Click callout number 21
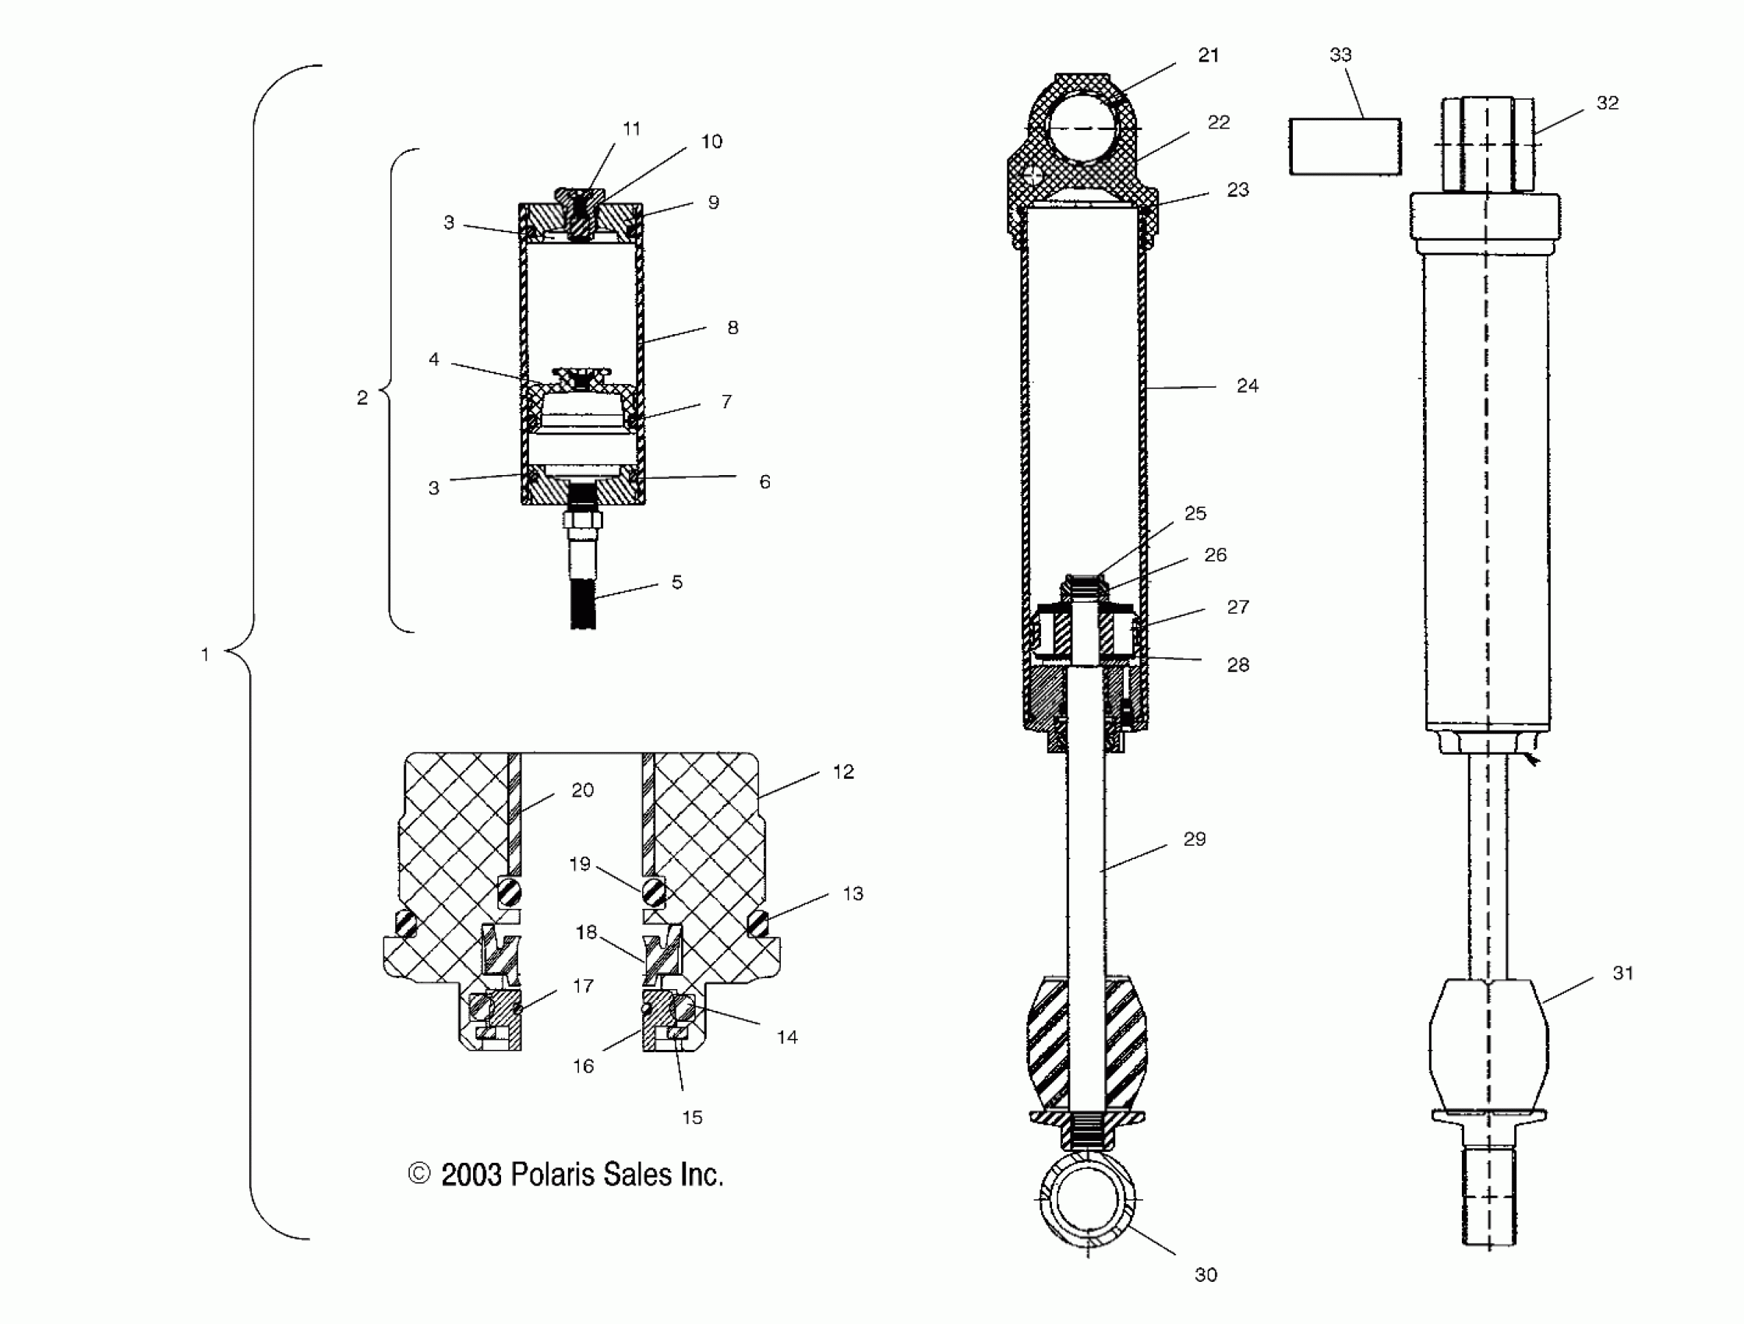[1208, 55]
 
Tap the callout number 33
[1340, 55]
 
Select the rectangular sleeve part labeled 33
[1345, 146]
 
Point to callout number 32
[1607, 104]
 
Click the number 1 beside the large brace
[205, 654]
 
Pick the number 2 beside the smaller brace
[362, 398]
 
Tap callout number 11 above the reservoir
[631, 129]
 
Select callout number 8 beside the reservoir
[733, 328]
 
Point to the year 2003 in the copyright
[471, 1175]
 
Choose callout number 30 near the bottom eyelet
[1206, 1274]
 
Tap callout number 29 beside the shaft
[1195, 840]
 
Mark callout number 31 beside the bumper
[1622, 974]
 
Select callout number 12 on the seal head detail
[843, 773]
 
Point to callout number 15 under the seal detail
[691, 1117]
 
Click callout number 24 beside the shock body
[1247, 386]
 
